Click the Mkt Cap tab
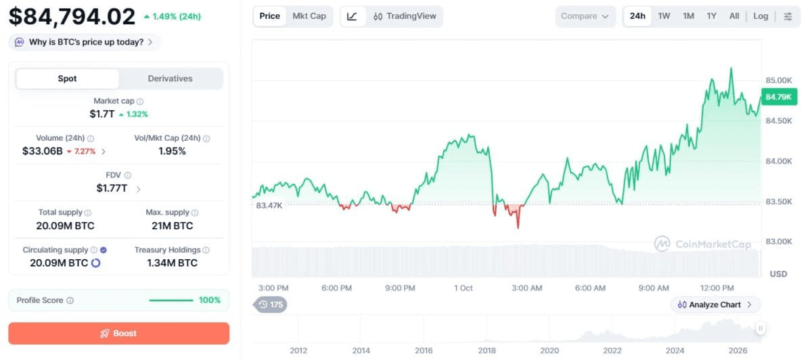click(309, 16)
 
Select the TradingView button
click(405, 16)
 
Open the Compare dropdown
click(585, 16)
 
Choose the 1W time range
click(664, 16)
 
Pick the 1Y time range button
click(712, 16)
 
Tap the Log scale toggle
click(761, 16)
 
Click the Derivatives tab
click(170, 78)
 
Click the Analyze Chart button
click(715, 305)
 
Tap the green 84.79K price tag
click(779, 97)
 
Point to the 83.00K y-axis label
click(779, 242)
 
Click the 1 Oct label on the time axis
click(464, 288)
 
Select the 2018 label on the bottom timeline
click(487, 351)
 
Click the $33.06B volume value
click(43, 151)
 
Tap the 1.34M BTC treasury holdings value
click(172, 263)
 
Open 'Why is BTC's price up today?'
click(84, 42)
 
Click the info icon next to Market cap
click(140, 102)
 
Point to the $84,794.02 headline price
click(72, 17)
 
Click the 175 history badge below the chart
click(270, 305)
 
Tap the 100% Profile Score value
click(210, 300)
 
